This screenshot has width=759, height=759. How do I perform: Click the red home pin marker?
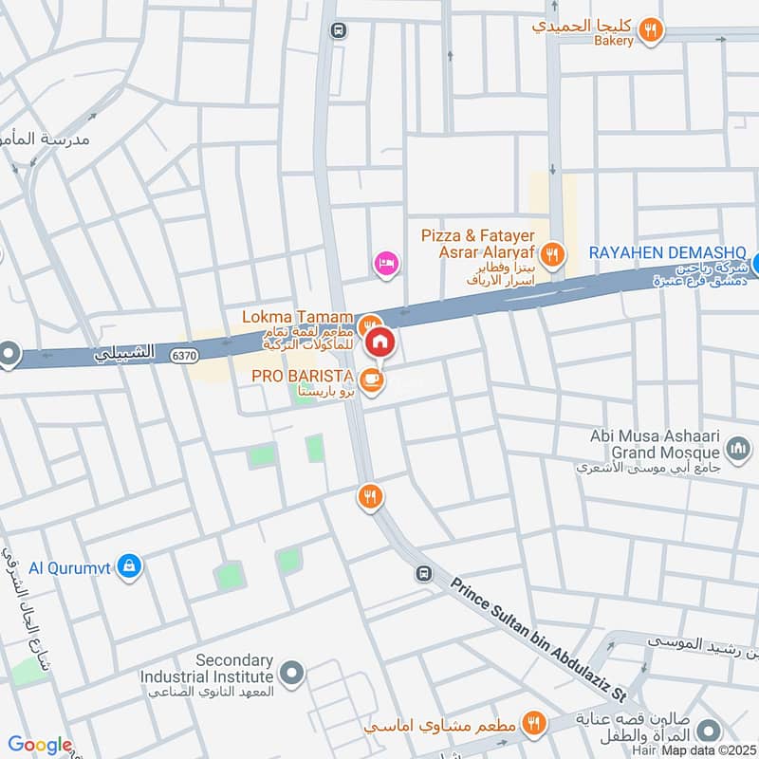pyautogui.click(x=379, y=342)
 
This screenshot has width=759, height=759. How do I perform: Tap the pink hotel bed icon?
pyautogui.click(x=385, y=262)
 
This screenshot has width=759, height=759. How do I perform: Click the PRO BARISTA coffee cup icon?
pyautogui.click(x=373, y=379)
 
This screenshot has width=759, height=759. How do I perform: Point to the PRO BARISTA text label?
pyautogui.click(x=303, y=377)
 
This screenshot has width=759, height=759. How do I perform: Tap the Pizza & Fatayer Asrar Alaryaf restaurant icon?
pyautogui.click(x=551, y=254)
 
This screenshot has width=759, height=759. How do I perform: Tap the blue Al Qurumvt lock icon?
pyautogui.click(x=130, y=567)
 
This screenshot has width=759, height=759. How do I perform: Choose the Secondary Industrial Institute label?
pyautogui.click(x=208, y=669)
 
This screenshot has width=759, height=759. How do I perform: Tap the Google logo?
pyautogui.click(x=39, y=745)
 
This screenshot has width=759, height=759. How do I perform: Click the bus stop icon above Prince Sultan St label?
pyautogui.click(x=423, y=574)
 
